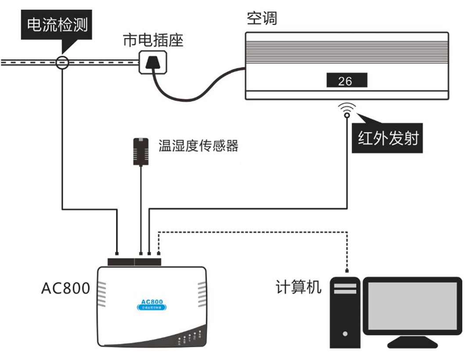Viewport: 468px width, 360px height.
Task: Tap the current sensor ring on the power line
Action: (x=63, y=62)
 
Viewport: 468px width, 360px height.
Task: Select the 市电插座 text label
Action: (x=152, y=41)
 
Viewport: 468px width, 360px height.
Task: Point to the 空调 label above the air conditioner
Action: (x=262, y=19)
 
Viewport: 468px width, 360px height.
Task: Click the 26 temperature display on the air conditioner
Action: (x=346, y=81)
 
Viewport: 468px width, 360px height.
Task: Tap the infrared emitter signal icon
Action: (x=347, y=111)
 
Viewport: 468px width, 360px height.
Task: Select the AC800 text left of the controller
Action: (x=65, y=288)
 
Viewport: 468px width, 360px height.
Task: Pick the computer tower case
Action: (x=345, y=312)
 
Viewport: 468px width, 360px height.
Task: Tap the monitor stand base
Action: (x=412, y=342)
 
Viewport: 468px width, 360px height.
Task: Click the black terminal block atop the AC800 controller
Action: (x=134, y=262)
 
